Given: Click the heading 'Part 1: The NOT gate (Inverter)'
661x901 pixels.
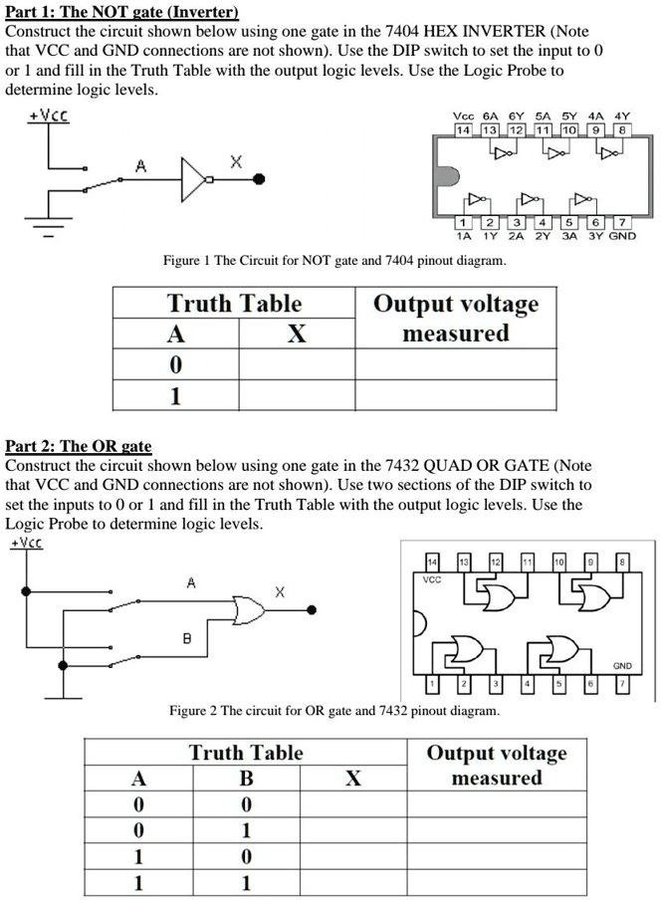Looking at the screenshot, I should pos(122,12).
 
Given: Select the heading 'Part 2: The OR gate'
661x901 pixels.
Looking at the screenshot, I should pos(79,446).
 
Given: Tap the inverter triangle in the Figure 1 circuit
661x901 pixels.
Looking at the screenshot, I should pos(195,180).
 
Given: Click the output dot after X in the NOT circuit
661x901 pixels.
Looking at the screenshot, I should pos(260,180).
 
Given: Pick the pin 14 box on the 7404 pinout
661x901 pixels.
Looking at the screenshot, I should pos(464,130).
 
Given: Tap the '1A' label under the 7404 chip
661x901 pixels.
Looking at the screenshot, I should pos(463,236).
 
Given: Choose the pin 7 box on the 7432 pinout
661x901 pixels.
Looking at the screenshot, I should pos(622,685).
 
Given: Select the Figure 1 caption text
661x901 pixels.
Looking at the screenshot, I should pos(334,261).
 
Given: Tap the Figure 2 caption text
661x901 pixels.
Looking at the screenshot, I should pos(334,711).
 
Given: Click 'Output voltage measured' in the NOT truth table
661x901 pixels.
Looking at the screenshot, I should pos(455,318).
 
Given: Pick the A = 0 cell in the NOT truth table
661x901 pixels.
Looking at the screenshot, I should pos(175,364).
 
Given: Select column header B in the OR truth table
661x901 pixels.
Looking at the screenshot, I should pos(246,778).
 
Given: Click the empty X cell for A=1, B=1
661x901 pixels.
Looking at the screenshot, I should pos(352,882).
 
